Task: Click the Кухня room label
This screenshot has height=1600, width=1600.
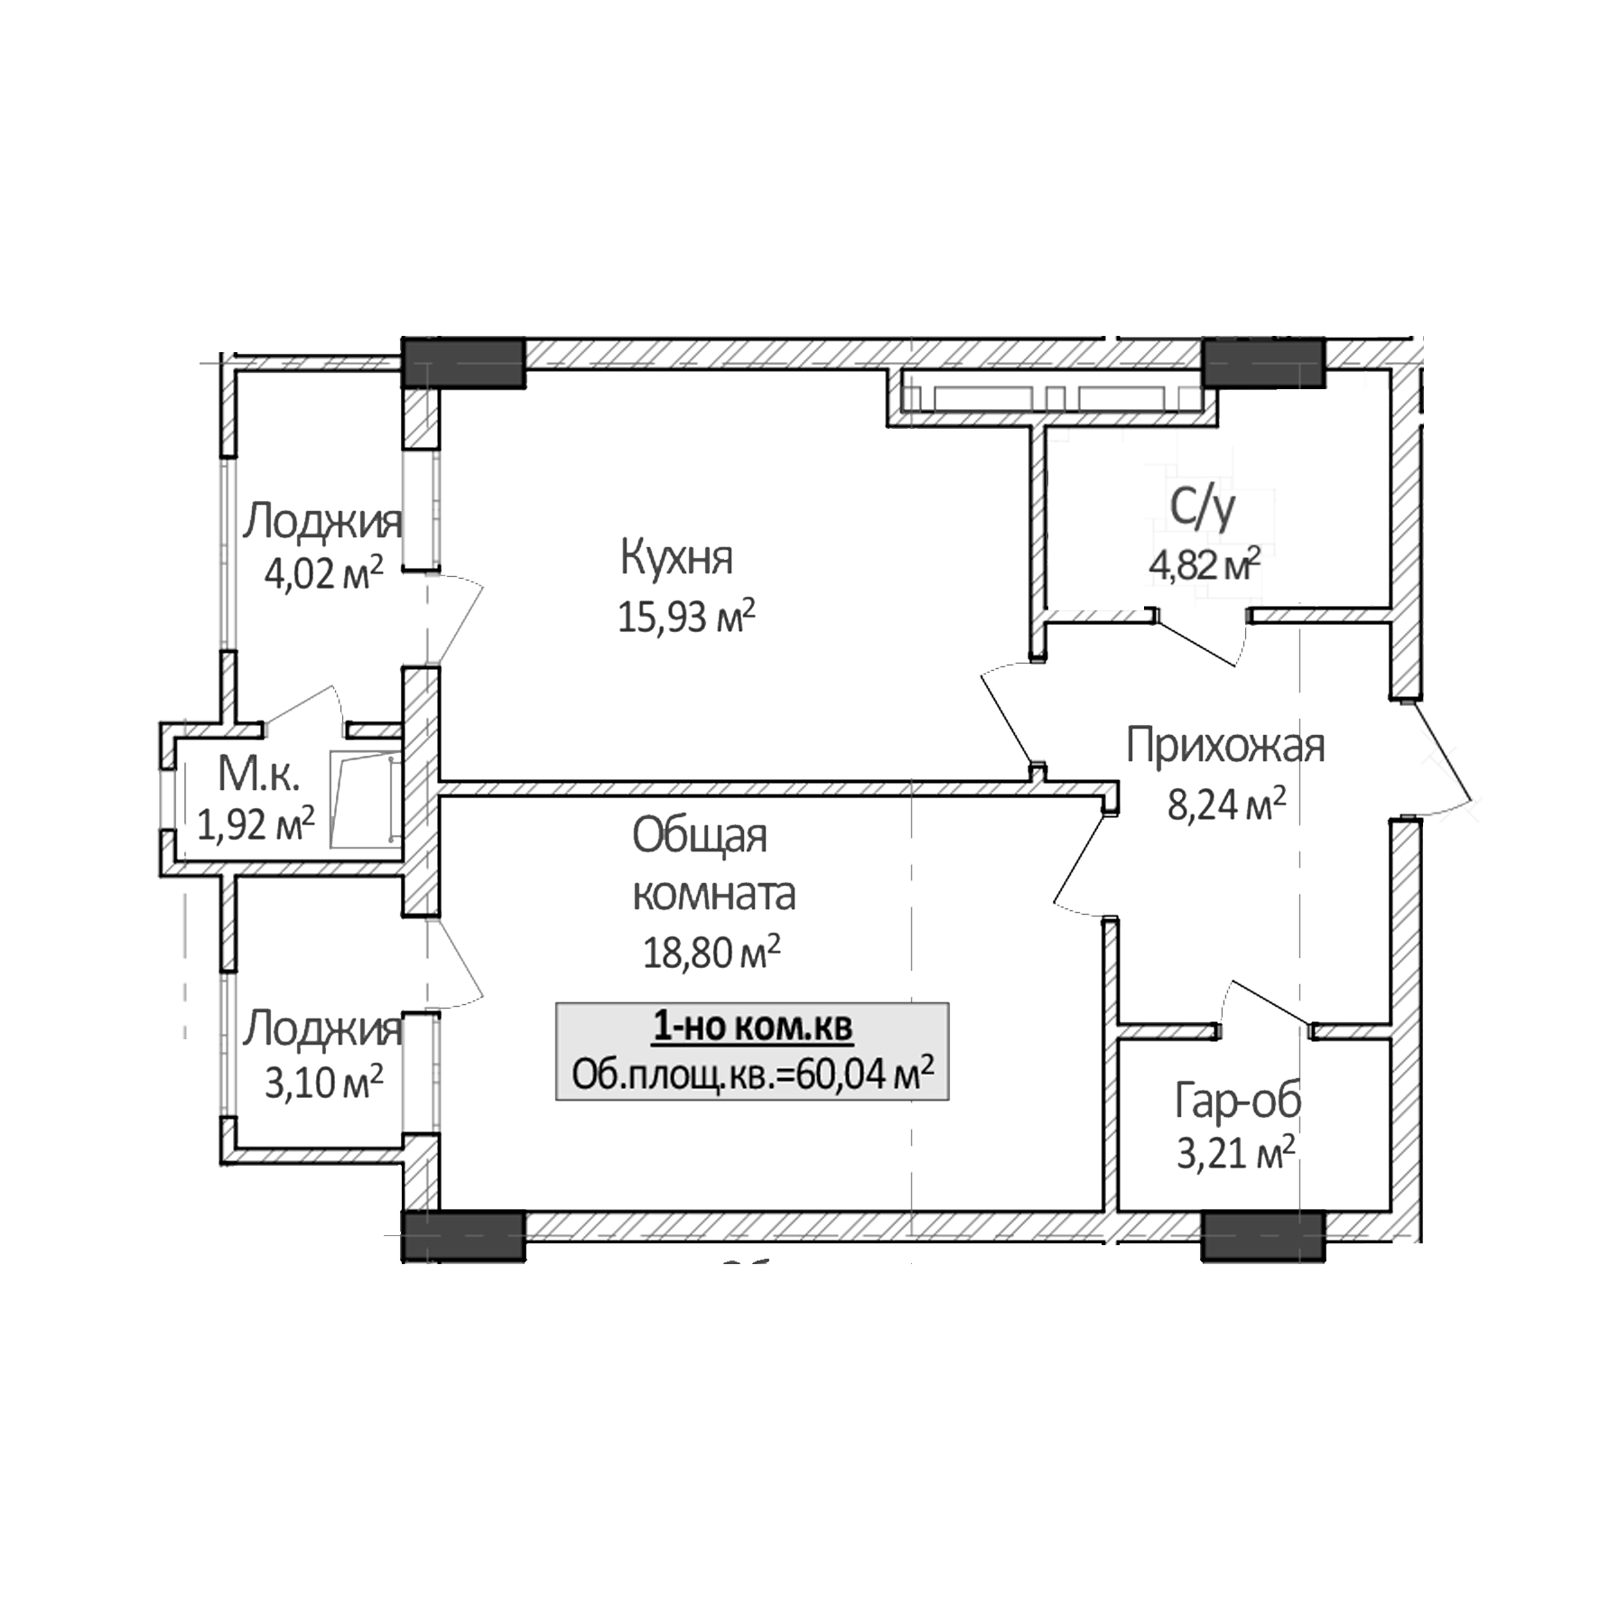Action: pos(676,557)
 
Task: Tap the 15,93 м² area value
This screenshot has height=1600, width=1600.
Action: pos(685,619)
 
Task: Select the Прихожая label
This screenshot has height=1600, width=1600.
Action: pos(1225,747)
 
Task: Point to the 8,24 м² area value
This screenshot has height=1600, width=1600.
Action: pos(1226,805)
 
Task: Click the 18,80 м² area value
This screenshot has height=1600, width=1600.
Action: pos(711,953)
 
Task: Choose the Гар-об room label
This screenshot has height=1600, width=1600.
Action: pos(1237,1101)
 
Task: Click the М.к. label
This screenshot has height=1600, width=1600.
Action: pos(258,774)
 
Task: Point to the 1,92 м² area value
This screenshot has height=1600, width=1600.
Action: pos(256,823)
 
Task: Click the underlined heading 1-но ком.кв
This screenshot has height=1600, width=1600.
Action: pos(751,1028)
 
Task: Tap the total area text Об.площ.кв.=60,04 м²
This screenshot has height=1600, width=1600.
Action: pos(752,1074)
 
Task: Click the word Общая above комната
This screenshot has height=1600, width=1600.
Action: pos(699,836)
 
